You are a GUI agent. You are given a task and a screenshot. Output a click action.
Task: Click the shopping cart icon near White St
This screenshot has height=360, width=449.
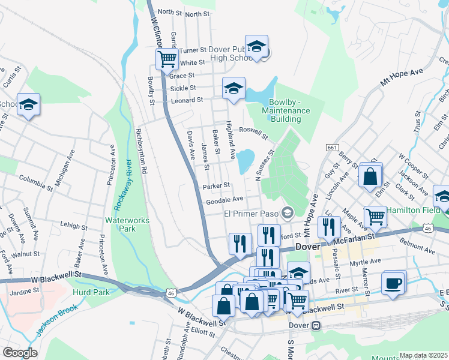[x=167, y=59]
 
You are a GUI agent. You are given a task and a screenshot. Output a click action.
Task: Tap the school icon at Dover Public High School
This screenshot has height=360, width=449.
[x=256, y=46]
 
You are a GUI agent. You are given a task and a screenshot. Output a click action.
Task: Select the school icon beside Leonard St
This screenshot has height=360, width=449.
[x=234, y=88]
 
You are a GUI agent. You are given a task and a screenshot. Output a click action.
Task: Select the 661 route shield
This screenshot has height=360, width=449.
[x=332, y=148]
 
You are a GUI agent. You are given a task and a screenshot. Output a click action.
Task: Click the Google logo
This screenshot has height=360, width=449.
[x=20, y=352]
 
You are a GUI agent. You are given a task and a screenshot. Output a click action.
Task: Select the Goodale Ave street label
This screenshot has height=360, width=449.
[x=224, y=200]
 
